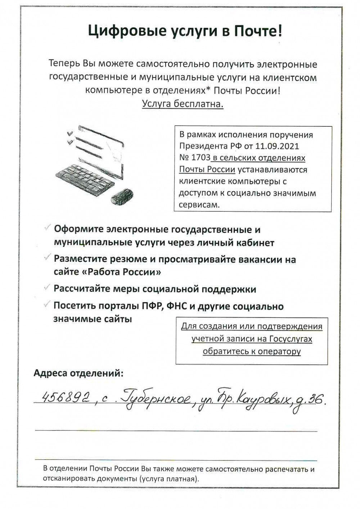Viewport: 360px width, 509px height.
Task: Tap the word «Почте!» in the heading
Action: click(x=258, y=32)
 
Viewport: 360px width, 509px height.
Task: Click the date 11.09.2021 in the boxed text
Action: click(x=277, y=146)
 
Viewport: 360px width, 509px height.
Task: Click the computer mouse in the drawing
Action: click(x=122, y=196)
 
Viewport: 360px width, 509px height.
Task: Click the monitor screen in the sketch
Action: click(x=101, y=151)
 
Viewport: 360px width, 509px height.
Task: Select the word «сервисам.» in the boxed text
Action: click(x=199, y=204)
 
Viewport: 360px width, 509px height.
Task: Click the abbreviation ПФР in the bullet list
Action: click(x=151, y=306)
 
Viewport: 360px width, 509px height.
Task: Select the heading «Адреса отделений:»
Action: click(x=78, y=373)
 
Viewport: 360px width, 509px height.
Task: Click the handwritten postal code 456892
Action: click(x=66, y=397)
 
